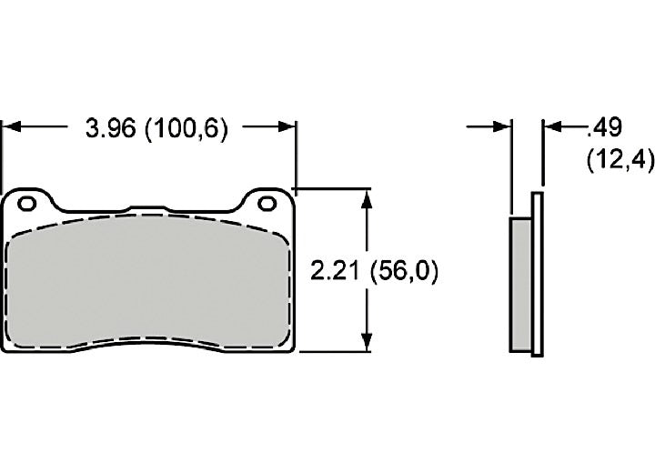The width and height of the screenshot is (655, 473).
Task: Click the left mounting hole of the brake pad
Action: [27, 204]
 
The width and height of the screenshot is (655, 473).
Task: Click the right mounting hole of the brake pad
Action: [267, 204]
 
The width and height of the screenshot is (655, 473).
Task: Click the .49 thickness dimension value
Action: [604, 127]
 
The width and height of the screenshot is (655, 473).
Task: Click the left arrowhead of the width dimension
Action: [12, 126]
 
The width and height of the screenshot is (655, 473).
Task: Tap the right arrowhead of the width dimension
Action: [287, 126]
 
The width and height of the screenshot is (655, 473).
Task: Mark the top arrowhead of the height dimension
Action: [367, 199]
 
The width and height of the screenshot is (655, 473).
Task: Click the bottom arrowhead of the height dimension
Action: [367, 342]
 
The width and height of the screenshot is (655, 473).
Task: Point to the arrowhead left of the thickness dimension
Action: [501, 126]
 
